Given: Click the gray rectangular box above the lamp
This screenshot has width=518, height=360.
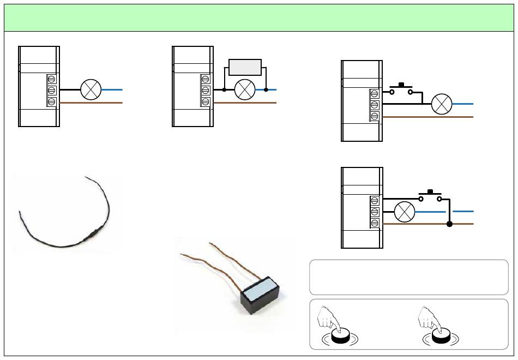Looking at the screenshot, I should (245, 67).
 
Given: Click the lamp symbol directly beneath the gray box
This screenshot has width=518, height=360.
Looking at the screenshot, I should (245, 89).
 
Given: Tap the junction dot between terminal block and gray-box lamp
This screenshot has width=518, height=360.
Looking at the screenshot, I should (224, 89).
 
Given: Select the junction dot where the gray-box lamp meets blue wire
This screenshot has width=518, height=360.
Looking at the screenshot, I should (266, 89).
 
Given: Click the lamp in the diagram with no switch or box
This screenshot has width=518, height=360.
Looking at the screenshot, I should (91, 89).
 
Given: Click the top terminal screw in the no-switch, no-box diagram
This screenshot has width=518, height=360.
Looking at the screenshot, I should (51, 79).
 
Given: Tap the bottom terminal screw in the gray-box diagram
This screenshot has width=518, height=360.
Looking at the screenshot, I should (205, 101).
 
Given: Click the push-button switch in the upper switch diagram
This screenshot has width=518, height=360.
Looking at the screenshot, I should (401, 89).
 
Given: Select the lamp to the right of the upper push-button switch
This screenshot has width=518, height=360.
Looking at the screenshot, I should (441, 104).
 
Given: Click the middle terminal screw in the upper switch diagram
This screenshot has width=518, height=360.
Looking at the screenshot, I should (375, 104).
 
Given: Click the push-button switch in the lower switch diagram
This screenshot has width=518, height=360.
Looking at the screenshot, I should (430, 196).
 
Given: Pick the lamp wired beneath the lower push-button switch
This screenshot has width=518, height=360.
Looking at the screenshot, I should (405, 211).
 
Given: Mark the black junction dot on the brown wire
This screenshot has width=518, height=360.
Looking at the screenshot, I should (449, 224).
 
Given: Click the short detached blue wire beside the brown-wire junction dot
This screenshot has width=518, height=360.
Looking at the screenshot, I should (463, 211).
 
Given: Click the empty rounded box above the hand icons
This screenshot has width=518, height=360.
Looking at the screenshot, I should (408, 277).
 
